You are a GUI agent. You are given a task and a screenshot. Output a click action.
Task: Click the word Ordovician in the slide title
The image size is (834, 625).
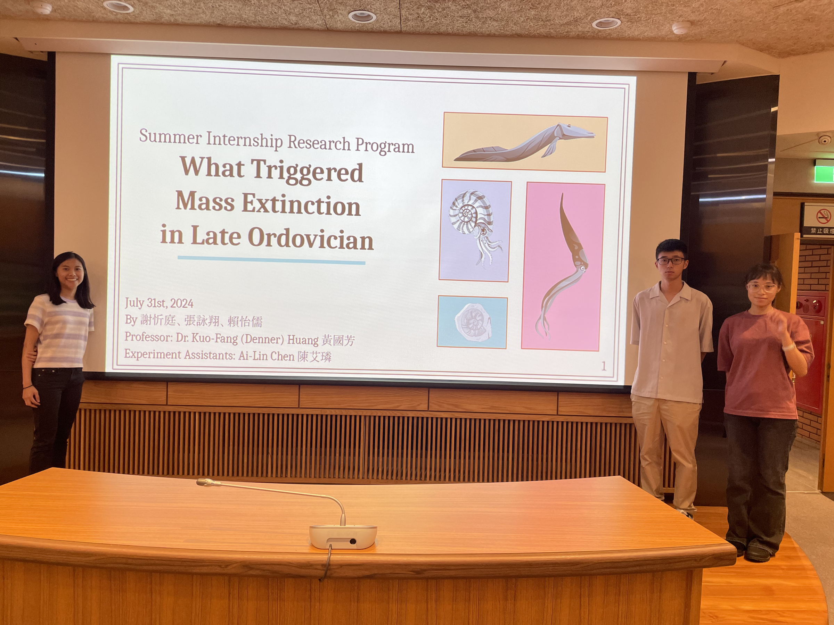(311, 239)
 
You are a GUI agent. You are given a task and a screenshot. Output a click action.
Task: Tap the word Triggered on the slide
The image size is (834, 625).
(307, 171)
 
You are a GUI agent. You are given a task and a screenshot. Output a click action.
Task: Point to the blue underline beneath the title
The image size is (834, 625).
(271, 260)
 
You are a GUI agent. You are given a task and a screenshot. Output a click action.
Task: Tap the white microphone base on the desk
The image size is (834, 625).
(343, 536)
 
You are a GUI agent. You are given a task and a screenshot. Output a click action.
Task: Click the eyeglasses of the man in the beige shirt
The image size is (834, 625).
(671, 260)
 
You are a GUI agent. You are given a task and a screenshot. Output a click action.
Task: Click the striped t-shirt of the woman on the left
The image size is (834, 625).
(58, 331)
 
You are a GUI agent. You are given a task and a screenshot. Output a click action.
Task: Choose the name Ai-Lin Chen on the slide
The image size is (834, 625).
(266, 356)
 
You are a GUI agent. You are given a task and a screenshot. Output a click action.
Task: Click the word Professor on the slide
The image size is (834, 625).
(148, 337)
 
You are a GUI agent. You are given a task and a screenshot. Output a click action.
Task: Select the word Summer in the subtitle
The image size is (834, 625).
(170, 137)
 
